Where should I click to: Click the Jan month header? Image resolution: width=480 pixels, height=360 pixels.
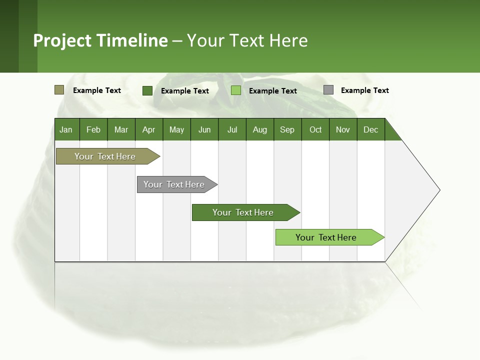tap(66, 129)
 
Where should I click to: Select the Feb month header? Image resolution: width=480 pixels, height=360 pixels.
tap(93, 129)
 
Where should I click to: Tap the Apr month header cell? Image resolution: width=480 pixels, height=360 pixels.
tap(149, 129)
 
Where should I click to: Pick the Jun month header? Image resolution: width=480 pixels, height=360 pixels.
tap(204, 129)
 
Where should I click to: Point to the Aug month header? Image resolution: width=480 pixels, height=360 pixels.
tap(260, 129)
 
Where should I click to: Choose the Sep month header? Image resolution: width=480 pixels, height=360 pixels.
tap(287, 129)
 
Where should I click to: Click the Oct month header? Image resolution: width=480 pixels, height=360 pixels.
tap(315, 129)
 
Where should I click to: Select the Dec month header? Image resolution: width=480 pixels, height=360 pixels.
tap(371, 129)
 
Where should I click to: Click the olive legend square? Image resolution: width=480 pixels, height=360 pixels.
tap(59, 90)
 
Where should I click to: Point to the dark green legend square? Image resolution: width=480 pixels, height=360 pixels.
tap(147, 90)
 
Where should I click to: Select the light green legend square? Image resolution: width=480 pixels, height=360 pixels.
tap(236, 90)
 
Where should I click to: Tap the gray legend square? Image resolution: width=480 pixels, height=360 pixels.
tap(328, 90)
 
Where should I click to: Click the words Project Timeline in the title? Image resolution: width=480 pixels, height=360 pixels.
tap(100, 40)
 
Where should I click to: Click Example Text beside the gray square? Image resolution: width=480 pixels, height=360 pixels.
tap(364, 90)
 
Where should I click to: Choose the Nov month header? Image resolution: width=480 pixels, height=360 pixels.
tap(343, 129)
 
